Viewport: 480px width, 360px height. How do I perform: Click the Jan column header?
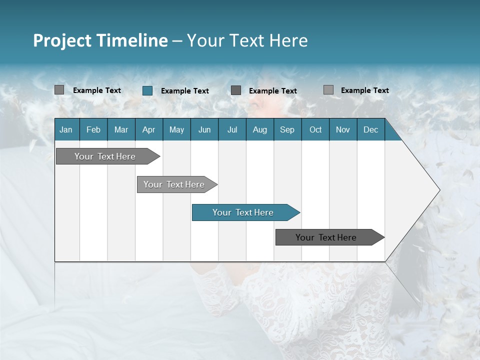click(x=66, y=129)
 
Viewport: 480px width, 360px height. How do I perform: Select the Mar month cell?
click(x=121, y=129)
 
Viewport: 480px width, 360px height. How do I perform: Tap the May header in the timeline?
click(x=176, y=129)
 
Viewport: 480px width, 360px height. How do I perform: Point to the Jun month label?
click(x=204, y=129)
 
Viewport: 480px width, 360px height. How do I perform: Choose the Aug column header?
click(x=259, y=129)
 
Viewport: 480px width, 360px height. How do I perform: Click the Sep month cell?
click(x=287, y=129)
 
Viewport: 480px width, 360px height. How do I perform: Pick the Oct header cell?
click(x=315, y=129)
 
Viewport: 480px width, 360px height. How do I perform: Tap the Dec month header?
click(x=370, y=129)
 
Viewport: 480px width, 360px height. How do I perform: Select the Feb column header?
click(x=93, y=129)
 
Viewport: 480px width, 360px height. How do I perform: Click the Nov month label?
click(x=342, y=129)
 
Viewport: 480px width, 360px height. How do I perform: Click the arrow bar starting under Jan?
click(x=105, y=156)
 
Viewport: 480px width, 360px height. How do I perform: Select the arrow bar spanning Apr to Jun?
click(x=174, y=184)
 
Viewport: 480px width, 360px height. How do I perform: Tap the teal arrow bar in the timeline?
click(x=243, y=212)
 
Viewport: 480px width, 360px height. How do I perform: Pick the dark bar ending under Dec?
click(x=326, y=237)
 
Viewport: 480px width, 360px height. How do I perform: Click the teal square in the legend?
click(x=147, y=90)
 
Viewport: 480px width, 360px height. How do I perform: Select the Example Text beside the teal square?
click(x=184, y=91)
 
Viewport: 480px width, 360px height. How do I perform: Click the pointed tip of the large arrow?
click(x=438, y=190)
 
